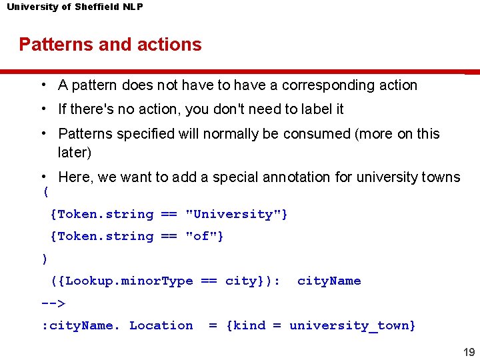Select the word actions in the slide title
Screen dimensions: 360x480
coord(170,45)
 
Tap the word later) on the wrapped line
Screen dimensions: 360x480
coord(75,152)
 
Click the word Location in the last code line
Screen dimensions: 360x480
coord(161,325)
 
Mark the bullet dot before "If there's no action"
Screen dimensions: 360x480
coord(42,108)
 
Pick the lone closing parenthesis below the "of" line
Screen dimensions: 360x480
coord(44,259)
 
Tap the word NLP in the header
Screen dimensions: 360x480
coord(132,7)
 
